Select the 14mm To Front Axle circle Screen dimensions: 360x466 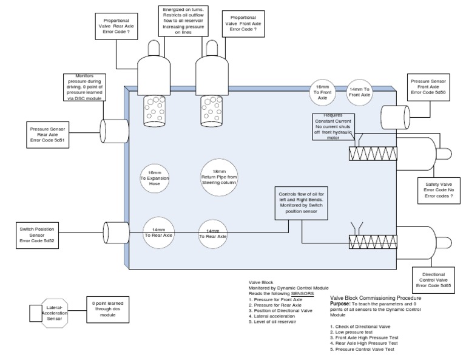point(360,92)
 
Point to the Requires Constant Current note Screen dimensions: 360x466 point(333,127)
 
